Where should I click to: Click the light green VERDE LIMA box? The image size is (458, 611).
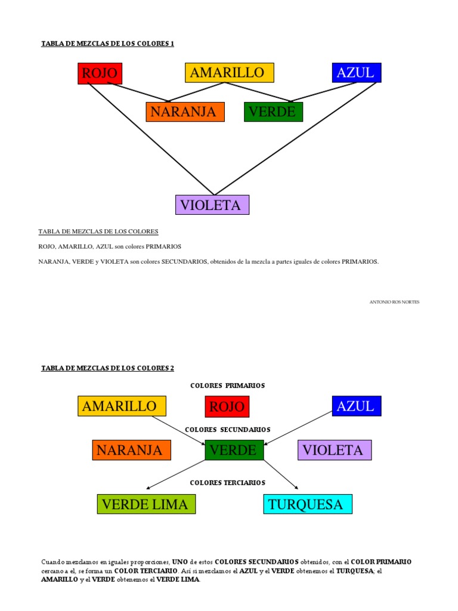(146, 504)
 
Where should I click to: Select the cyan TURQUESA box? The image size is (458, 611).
(308, 504)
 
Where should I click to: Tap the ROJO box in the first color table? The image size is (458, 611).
(100, 73)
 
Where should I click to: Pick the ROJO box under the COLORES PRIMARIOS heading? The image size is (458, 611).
(227, 407)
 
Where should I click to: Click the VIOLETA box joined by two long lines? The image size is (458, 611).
(212, 205)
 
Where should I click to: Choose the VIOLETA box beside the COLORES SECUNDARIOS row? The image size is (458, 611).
(334, 450)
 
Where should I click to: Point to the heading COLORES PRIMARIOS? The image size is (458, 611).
(227, 385)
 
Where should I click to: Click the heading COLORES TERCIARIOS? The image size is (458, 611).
(227, 482)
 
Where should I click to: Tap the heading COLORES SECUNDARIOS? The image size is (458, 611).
(227, 430)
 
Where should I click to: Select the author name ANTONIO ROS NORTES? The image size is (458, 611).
(395, 302)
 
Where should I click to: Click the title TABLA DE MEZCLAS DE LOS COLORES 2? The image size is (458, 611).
(107, 368)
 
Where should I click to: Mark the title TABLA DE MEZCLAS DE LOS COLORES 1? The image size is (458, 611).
(107, 44)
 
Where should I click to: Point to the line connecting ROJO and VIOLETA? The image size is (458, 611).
(149, 140)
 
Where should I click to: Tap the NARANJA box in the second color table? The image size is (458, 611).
(131, 450)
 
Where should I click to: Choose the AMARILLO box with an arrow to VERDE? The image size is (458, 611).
(122, 406)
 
